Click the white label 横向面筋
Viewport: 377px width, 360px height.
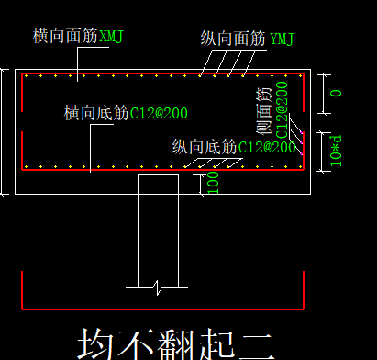(x=65, y=37)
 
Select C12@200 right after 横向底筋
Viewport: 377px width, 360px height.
(x=159, y=114)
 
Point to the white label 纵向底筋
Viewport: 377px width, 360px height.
(x=205, y=147)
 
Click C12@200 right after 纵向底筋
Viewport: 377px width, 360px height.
(x=268, y=147)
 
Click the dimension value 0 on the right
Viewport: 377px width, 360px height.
(x=336, y=93)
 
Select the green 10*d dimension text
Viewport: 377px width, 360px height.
(x=337, y=150)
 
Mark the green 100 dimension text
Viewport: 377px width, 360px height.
(x=213, y=181)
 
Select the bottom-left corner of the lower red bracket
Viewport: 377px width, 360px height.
(x=21, y=308)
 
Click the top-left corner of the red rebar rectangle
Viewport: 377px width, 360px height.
(x=23, y=74)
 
